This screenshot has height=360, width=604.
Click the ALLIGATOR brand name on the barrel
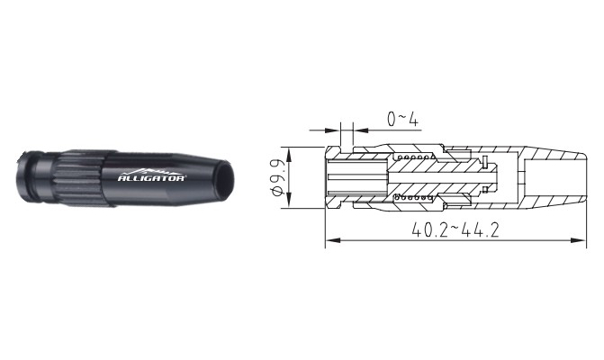[x=151, y=178]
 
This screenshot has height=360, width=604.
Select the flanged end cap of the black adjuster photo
[x=27, y=176]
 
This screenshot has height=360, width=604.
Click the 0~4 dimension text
[x=402, y=120]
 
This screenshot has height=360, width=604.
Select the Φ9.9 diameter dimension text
[x=279, y=177]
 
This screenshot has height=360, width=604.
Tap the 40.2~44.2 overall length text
[x=455, y=230]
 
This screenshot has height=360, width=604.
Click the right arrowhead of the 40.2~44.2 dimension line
[x=578, y=240]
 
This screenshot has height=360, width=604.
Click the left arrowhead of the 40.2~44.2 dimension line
[x=334, y=240]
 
